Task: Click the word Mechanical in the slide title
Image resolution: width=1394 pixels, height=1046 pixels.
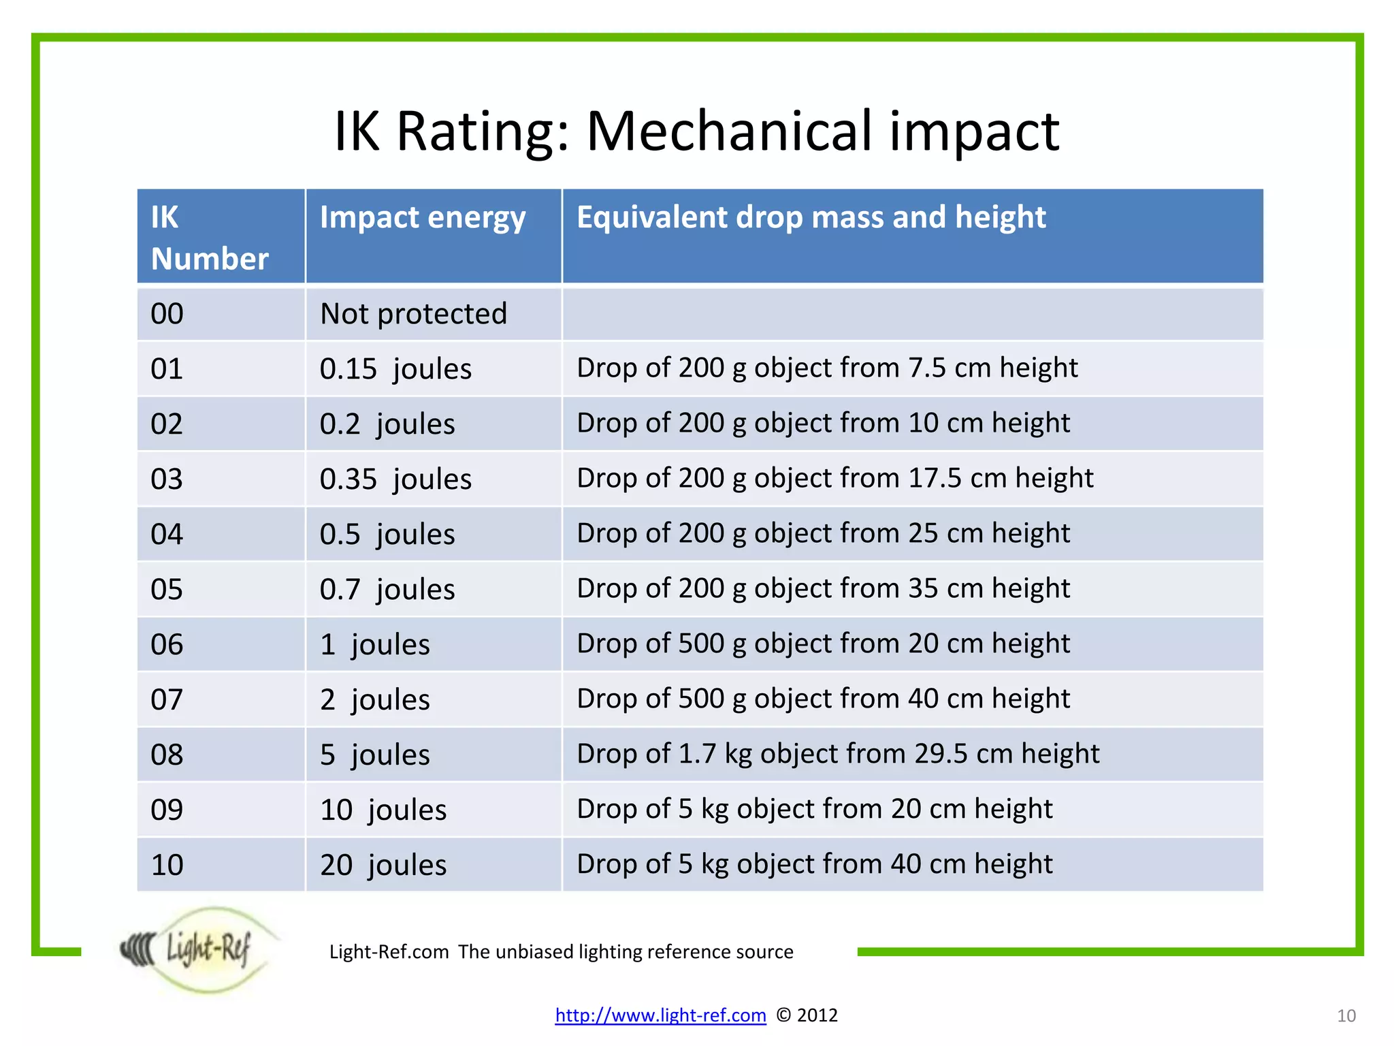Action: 728,131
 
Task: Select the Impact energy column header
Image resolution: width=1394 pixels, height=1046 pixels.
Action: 423,218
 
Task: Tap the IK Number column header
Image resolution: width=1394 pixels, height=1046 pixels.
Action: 209,238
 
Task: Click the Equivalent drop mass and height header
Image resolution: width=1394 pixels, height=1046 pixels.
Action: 811,218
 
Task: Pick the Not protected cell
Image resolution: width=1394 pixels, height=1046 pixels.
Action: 413,314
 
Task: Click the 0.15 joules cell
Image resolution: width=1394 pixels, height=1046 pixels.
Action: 395,369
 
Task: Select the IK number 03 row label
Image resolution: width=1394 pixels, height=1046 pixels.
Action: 167,479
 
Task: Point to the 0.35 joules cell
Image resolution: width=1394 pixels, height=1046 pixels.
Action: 395,479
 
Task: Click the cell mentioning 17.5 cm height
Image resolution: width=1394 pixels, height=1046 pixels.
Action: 834,478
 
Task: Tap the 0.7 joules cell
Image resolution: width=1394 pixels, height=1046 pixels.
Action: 387,590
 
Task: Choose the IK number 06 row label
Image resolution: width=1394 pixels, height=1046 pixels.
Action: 167,645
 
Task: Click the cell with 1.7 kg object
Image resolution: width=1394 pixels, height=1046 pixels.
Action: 838,754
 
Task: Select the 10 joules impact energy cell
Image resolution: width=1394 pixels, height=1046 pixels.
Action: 383,810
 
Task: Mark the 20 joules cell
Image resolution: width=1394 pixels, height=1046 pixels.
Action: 383,866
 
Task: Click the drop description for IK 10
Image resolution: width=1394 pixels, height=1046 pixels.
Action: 814,864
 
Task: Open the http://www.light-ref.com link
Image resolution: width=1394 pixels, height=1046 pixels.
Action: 660,1015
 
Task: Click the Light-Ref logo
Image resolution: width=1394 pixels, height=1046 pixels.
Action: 197,949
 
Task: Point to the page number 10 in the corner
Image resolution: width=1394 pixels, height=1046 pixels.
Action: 1346,1016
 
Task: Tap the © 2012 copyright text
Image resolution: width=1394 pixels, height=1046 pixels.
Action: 807,1015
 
